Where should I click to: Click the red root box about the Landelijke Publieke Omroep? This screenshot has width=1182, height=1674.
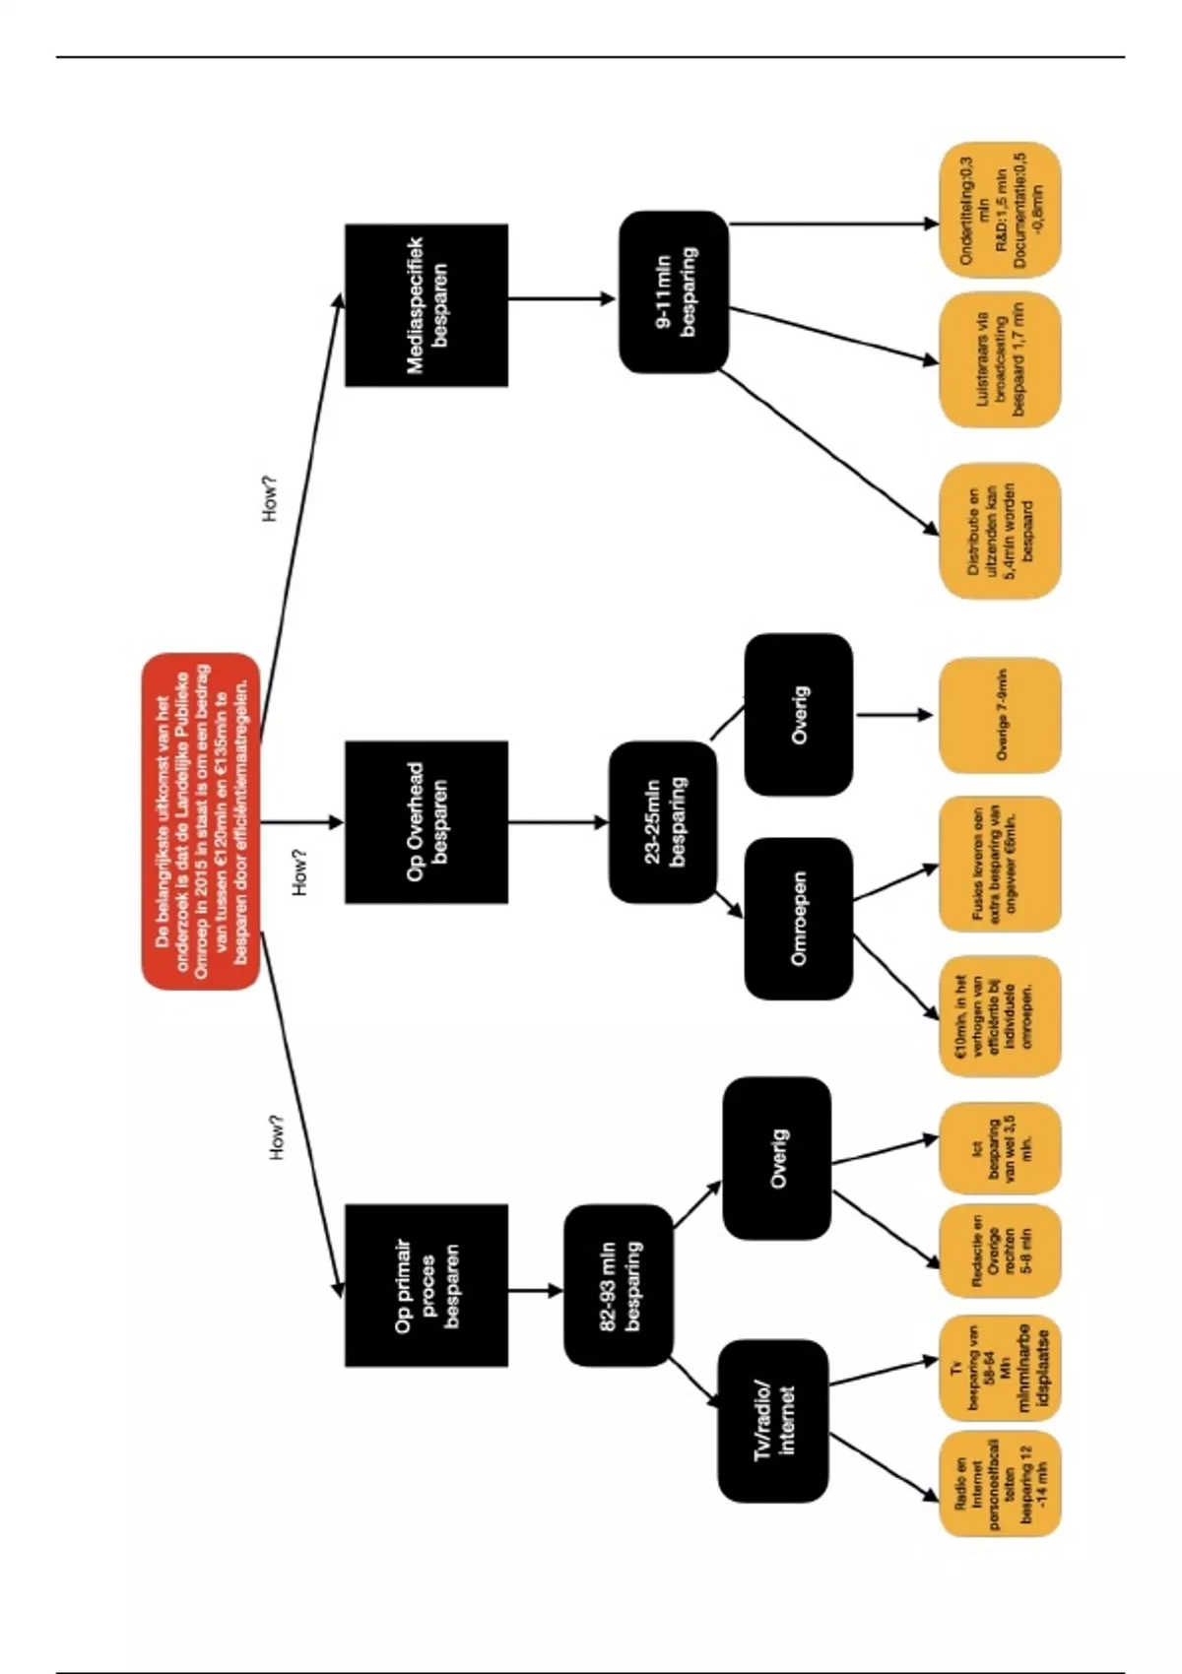[201, 820]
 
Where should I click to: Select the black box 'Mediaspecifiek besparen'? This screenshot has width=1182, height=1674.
[427, 305]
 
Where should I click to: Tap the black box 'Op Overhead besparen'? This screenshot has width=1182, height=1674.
[427, 821]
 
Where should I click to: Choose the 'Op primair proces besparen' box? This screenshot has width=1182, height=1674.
[427, 1285]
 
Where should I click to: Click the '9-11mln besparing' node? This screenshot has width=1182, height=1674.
[674, 291]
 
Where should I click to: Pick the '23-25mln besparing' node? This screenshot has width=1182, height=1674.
[663, 822]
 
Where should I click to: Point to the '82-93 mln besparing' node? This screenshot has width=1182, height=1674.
[619, 1285]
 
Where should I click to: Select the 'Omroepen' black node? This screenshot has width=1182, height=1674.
[798, 918]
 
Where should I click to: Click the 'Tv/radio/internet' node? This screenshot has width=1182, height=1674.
[772, 1420]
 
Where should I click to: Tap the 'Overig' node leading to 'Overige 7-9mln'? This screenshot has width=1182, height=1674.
[798, 714]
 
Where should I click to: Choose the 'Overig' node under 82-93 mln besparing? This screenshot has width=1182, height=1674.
[776, 1157]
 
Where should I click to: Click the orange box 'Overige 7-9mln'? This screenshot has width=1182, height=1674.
[1000, 715]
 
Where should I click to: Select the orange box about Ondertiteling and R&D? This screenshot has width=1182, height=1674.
[1000, 210]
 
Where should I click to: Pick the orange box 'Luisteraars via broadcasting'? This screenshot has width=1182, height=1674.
[1000, 360]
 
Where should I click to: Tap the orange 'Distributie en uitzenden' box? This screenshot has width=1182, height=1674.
[1000, 532]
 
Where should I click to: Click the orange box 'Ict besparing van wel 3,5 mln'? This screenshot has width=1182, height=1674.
[1000, 1148]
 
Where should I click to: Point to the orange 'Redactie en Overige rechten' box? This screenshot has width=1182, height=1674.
[1000, 1251]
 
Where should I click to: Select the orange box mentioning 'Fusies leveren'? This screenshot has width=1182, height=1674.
[1000, 864]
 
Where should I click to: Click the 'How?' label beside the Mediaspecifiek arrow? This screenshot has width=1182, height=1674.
[270, 498]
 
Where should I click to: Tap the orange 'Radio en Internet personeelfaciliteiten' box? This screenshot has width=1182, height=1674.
[1000, 1484]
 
